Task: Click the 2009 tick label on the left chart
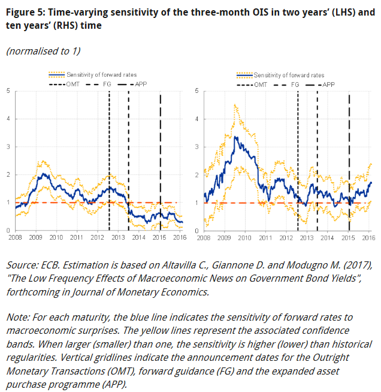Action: coord(36,238)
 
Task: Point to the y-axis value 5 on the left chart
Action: coord(8,91)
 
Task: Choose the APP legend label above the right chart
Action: coord(329,85)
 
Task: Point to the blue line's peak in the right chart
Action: coord(237,137)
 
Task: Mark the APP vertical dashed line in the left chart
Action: coord(160,162)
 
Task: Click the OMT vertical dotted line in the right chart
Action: coord(297,162)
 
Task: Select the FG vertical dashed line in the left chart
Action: coord(129,162)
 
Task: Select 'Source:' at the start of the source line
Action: coord(23,265)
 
